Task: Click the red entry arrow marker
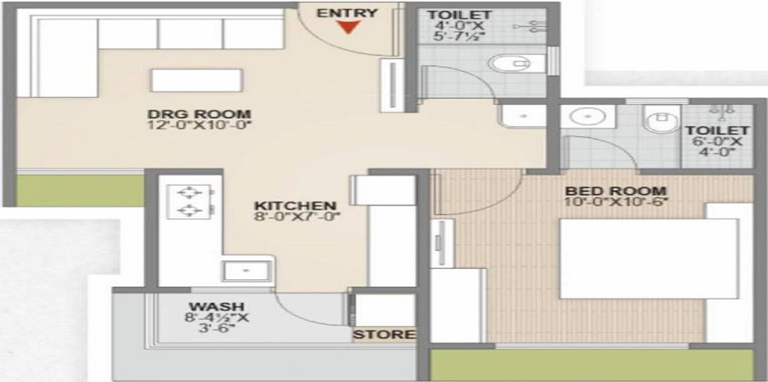pyautogui.click(x=346, y=28)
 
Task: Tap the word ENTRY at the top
pyautogui.click(x=346, y=12)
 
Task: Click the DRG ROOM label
pyautogui.click(x=199, y=114)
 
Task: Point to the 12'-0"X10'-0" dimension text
pyautogui.click(x=199, y=125)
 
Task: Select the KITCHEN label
pyautogui.click(x=295, y=205)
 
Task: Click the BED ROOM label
pyautogui.click(x=615, y=190)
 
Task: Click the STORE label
pyautogui.click(x=384, y=334)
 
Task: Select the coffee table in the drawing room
pyautogui.click(x=196, y=80)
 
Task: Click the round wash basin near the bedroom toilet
pyautogui.click(x=581, y=117)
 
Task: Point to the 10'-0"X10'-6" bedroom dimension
pyautogui.click(x=615, y=201)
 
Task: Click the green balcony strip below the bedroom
pyautogui.click(x=592, y=365)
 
